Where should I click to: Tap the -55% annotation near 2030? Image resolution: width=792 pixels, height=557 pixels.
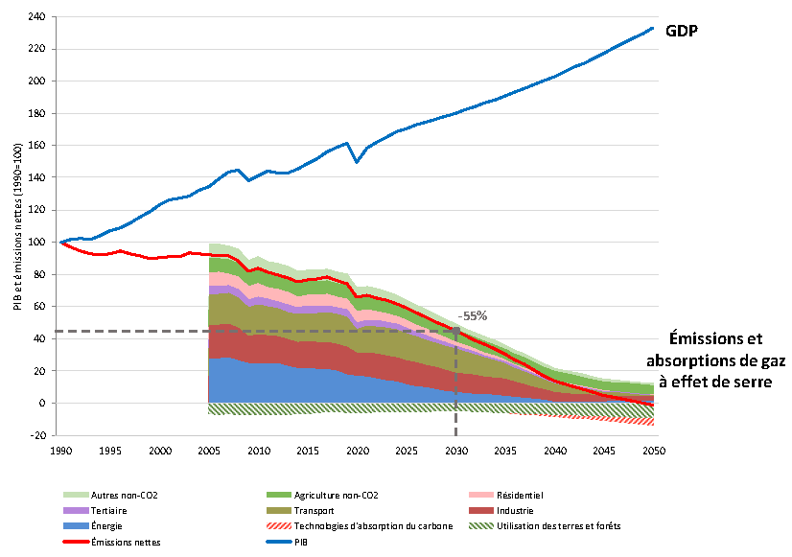point(473,315)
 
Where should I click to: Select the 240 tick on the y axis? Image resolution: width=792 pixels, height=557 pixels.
point(37,17)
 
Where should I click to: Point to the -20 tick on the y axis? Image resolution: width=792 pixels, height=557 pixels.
point(37,435)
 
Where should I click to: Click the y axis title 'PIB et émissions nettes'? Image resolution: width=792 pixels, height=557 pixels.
point(18,226)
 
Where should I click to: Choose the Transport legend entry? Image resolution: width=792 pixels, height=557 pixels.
point(315,510)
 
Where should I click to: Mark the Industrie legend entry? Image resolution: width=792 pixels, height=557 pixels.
point(513,510)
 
